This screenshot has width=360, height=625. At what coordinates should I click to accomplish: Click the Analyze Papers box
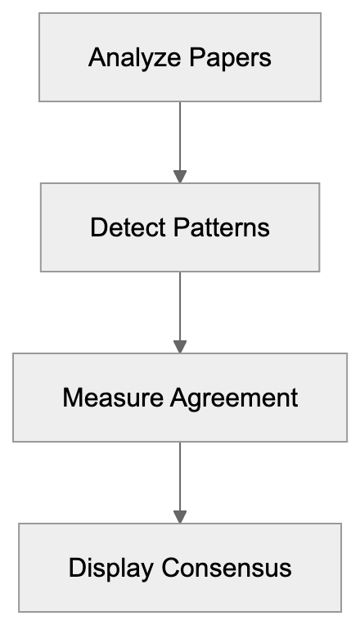point(180,57)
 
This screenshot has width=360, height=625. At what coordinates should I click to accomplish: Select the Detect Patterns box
point(180,227)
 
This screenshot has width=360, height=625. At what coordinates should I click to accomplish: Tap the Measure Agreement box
point(180,398)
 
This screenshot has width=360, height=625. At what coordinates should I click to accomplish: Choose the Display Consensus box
point(180,568)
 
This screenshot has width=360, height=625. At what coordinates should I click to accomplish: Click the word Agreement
point(235,398)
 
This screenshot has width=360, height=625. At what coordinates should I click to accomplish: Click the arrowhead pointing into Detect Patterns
point(180,177)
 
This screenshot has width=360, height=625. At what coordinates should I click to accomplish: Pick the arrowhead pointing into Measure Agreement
point(180,347)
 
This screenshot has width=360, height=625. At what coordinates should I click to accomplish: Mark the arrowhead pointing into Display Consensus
point(180,517)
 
